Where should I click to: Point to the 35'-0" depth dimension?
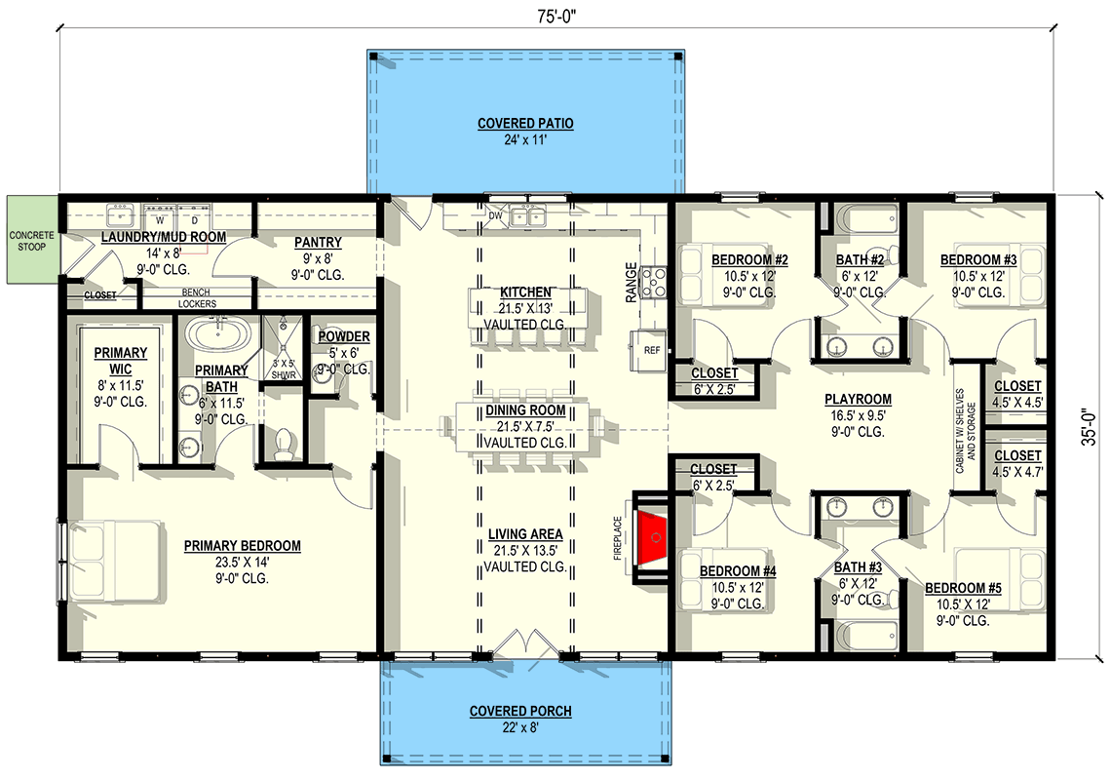(1089, 426)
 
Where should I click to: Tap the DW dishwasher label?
(495, 215)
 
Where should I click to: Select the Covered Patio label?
(525, 124)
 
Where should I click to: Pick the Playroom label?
(858, 400)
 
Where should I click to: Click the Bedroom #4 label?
(737, 571)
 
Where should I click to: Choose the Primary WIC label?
(120, 353)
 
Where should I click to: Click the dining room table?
(525, 427)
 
